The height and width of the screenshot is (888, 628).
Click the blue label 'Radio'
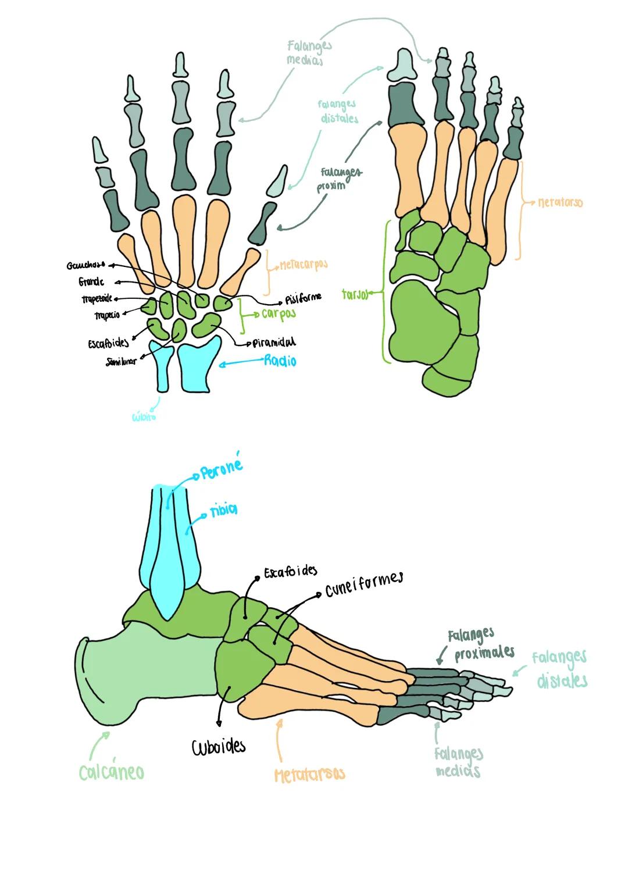click(x=280, y=361)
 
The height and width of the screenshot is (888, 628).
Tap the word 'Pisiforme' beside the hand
click(x=303, y=298)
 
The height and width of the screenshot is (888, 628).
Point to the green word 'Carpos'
click(x=279, y=314)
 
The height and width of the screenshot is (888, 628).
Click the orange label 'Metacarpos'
click(x=304, y=265)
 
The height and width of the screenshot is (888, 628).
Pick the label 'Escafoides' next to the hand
click(x=109, y=344)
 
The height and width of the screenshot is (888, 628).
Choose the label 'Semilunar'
click(x=121, y=362)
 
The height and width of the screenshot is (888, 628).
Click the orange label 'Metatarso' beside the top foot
click(x=560, y=203)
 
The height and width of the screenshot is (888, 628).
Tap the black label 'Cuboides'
click(x=219, y=746)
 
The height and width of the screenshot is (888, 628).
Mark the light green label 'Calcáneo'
click(x=111, y=772)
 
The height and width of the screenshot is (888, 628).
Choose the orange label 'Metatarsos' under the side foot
click(x=309, y=774)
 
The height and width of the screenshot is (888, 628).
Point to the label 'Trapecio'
click(x=107, y=316)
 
